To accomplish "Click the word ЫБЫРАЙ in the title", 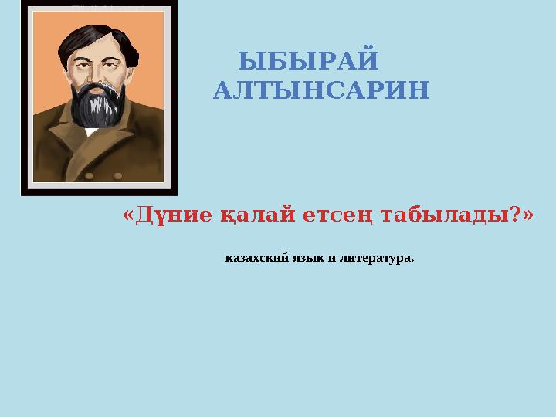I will click(310, 62).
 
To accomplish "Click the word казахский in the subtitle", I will click(253, 258).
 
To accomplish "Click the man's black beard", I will click(95, 108).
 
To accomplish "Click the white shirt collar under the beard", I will click(92, 132).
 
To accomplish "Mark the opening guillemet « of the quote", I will click(128, 215).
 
